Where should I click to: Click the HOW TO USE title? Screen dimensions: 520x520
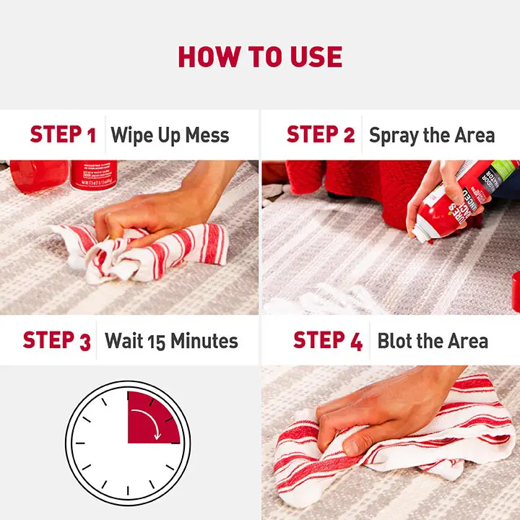click(x=260, y=56)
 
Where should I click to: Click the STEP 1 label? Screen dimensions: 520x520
click(x=63, y=134)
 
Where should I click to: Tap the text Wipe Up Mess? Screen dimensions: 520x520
click(x=170, y=135)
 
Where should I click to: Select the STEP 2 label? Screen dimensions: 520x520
click(x=321, y=134)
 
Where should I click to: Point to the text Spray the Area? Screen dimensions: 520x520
click(x=432, y=135)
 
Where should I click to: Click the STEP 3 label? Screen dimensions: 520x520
click(x=56, y=340)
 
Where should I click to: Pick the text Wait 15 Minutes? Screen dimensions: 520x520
click(x=171, y=340)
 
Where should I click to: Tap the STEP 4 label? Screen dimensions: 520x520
click(x=328, y=341)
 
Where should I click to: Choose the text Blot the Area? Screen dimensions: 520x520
click(x=433, y=341)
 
